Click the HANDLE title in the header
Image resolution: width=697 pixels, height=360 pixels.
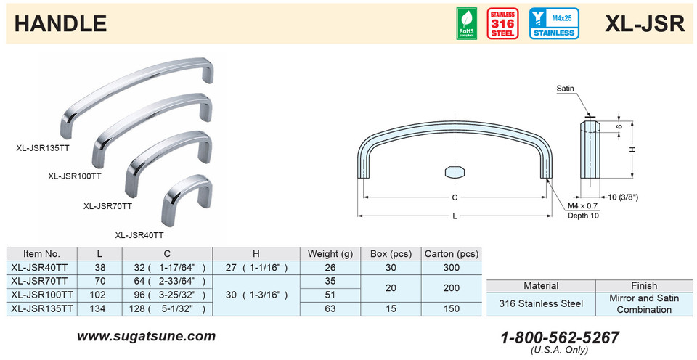(x=61, y=23)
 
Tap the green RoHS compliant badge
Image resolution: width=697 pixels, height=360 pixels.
(x=466, y=24)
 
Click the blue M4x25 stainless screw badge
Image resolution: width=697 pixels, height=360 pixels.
(x=554, y=24)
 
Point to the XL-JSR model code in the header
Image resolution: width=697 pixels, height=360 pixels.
(x=645, y=23)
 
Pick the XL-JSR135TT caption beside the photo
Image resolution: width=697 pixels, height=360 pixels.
(x=42, y=147)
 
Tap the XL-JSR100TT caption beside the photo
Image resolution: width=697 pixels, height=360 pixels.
(x=74, y=176)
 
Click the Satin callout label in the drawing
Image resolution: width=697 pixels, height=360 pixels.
(x=566, y=89)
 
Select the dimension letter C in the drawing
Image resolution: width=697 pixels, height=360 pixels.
(x=454, y=197)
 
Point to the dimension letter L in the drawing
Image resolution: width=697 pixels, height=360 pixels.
(x=454, y=216)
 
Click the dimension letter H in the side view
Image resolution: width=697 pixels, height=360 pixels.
(x=632, y=150)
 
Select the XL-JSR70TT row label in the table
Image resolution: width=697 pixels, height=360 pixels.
(x=41, y=280)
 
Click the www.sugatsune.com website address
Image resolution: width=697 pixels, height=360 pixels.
(x=146, y=336)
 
